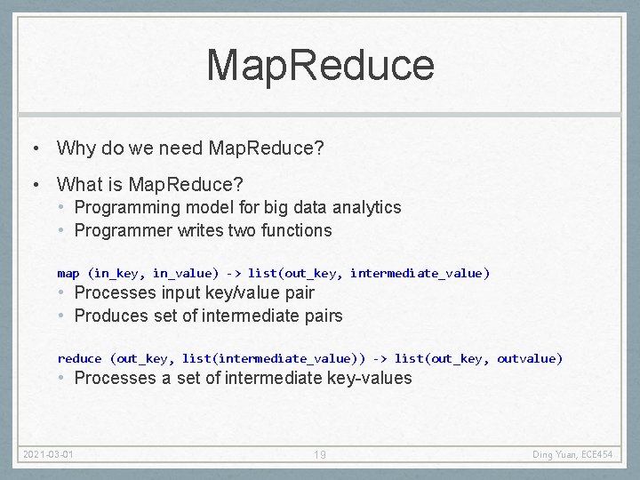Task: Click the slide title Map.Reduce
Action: (x=320, y=66)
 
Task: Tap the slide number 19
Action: (x=320, y=455)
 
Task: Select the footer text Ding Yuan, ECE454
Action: (x=573, y=455)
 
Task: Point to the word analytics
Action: (x=367, y=207)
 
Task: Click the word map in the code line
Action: (x=68, y=273)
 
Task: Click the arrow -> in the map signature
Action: (x=233, y=273)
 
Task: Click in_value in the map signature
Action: (x=185, y=273)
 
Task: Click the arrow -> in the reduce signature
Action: (x=380, y=358)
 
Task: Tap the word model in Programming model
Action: (x=193, y=207)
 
